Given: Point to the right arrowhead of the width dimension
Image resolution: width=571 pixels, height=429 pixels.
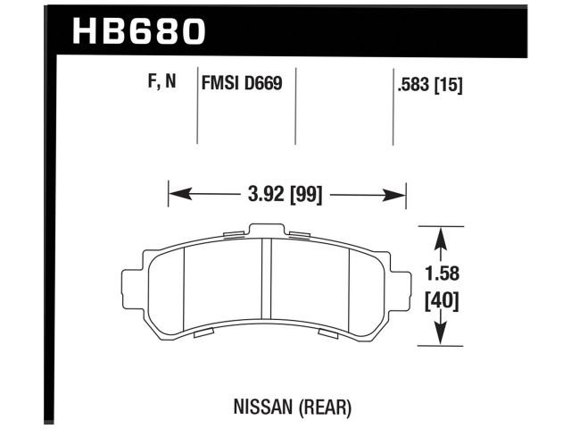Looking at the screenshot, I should pyautogui.click(x=400, y=194).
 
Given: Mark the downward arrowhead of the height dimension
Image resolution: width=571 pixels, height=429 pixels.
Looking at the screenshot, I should pyautogui.click(x=439, y=338).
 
